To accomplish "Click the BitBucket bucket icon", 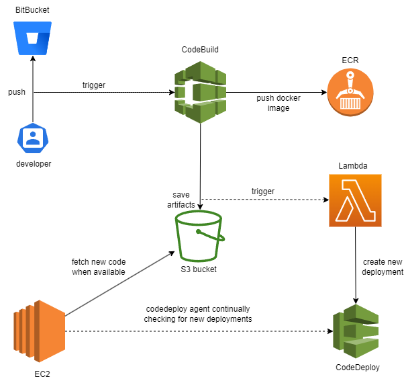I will (x=32, y=39).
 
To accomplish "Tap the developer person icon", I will (x=32, y=138).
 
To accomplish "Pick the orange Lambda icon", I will (x=355, y=200).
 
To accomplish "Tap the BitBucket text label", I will (x=32, y=11).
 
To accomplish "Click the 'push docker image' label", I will (x=279, y=103).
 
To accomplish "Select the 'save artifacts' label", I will (x=181, y=199).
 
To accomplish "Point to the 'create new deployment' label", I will (x=382, y=266).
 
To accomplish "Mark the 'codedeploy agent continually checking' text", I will (x=198, y=314).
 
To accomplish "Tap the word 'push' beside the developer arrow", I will (x=17, y=91).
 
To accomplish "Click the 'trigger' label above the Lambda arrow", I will (x=264, y=191).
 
